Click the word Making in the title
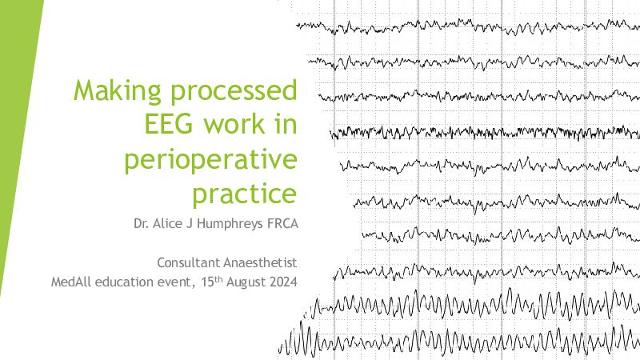click(x=118, y=92)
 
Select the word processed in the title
click(x=234, y=92)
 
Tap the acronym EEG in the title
click(x=169, y=124)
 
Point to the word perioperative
click(x=210, y=160)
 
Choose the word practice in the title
click(x=245, y=194)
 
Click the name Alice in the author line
click(x=167, y=224)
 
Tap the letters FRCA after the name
click(x=282, y=224)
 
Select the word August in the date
click(x=246, y=282)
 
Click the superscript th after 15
click(x=218, y=278)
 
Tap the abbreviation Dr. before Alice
click(x=142, y=224)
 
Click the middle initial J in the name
click(x=189, y=224)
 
